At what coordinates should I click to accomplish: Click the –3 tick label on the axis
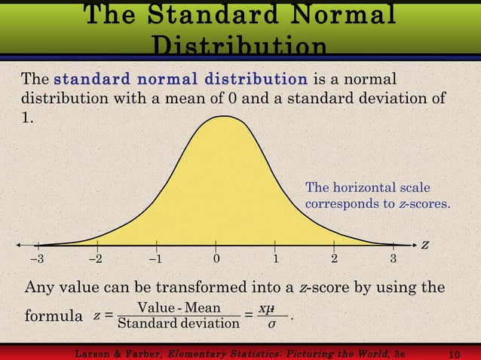click(36, 260)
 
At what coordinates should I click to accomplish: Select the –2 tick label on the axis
click(96, 260)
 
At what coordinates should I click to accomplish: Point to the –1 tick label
click(155, 260)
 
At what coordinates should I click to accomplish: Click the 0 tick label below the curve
click(216, 260)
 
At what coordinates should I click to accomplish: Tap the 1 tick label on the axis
click(275, 260)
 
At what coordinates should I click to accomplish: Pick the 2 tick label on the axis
click(335, 260)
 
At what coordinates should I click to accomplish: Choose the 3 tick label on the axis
click(394, 260)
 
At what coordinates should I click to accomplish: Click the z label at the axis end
click(425, 246)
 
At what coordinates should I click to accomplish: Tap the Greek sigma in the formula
click(272, 325)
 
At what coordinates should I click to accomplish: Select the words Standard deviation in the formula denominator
click(179, 325)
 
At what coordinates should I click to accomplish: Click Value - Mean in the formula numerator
click(179, 309)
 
